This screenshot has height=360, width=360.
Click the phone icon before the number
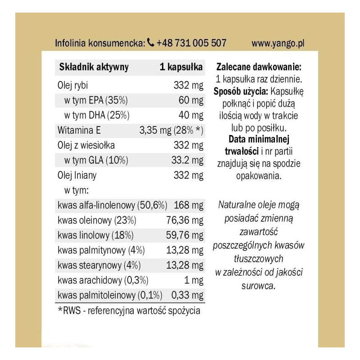[x=151, y=43]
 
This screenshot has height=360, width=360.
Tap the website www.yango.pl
[x=278, y=43]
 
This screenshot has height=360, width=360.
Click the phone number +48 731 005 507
[x=191, y=43]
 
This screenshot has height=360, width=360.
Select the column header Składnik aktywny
[x=94, y=67]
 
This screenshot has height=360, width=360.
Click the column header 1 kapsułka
[x=181, y=67]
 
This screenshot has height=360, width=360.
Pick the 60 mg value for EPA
[x=191, y=99]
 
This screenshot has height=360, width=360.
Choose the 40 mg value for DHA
[x=191, y=115]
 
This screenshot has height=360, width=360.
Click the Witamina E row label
[x=79, y=130]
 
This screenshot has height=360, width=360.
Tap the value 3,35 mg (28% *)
[x=171, y=130]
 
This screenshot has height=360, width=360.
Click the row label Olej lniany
[x=77, y=175]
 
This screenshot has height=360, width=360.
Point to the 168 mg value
[x=188, y=206]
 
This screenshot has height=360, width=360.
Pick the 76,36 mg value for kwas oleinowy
[x=185, y=221]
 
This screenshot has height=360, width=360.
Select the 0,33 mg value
[x=188, y=296]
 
